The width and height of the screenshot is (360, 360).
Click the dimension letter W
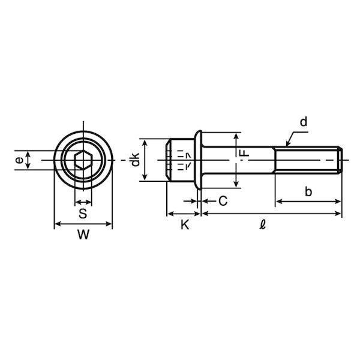tap(83, 235)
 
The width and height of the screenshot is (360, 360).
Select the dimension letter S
tap(83, 213)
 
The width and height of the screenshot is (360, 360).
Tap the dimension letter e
tap(20, 160)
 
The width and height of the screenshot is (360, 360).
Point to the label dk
tap(135, 159)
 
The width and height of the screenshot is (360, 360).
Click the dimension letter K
tap(185, 224)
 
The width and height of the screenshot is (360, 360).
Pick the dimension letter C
tap(223, 201)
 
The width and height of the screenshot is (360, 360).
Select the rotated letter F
tap(245, 152)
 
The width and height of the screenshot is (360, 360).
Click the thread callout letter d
tap(303, 122)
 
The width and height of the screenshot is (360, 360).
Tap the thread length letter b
tap(308, 191)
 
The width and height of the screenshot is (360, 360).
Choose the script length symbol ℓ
tap(263, 224)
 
